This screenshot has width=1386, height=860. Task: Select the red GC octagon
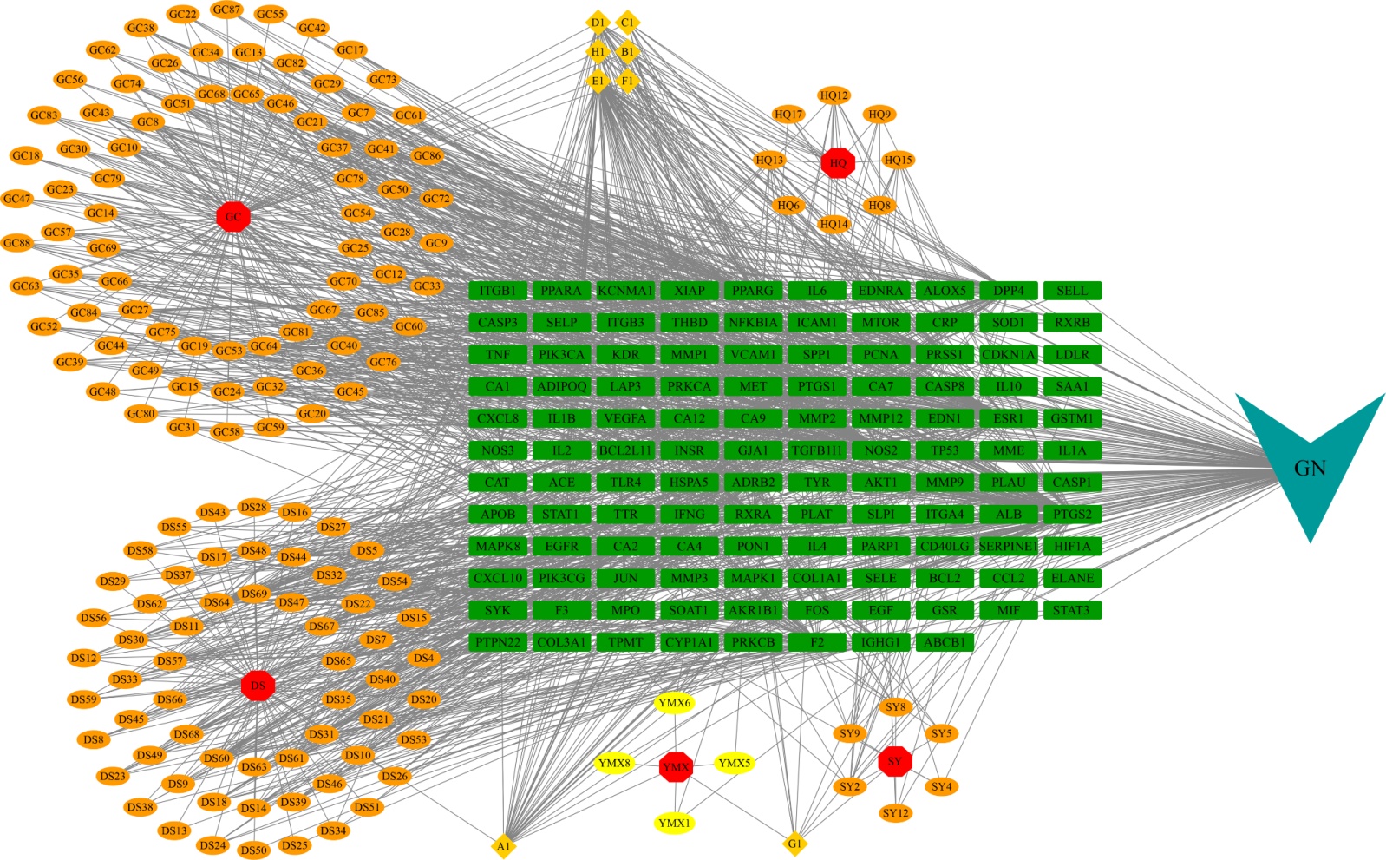232,216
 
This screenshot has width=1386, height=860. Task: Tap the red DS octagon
258,686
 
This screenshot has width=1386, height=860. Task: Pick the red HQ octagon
838,162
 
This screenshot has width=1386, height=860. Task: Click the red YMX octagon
676,767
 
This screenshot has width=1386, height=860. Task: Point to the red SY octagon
894,762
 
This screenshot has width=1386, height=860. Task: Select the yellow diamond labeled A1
503,845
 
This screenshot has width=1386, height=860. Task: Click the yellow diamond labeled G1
794,843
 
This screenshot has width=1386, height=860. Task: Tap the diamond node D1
598,22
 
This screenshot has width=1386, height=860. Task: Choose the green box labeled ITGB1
498,291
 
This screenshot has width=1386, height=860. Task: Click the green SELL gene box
1072,291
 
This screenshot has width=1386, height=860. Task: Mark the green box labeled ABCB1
945,642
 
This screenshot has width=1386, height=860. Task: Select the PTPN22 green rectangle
498,642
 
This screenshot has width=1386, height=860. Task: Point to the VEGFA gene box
625,418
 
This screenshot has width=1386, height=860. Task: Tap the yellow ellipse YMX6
675,703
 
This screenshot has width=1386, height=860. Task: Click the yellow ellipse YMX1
675,823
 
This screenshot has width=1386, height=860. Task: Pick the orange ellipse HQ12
834,95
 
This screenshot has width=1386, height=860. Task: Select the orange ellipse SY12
895,813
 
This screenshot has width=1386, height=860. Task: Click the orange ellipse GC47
17,199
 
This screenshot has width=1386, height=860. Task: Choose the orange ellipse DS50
253,850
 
